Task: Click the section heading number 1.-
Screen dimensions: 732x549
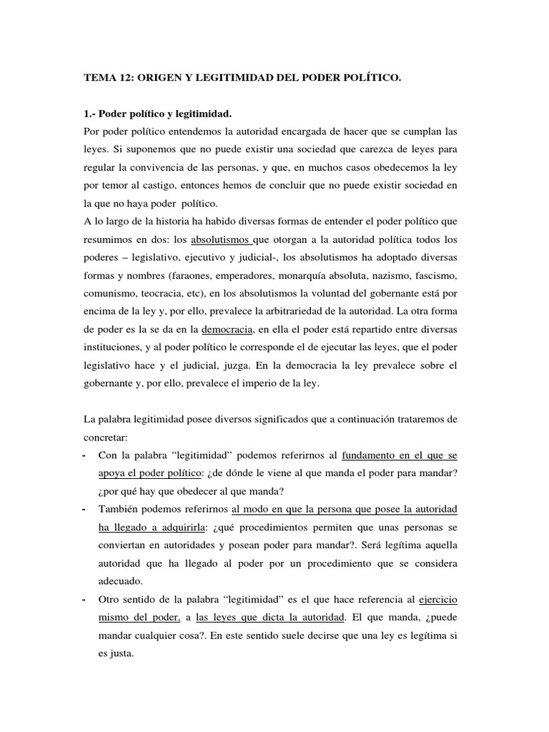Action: (90, 114)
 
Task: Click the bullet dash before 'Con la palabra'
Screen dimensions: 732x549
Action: (85, 455)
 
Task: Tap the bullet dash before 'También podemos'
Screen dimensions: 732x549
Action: (85, 508)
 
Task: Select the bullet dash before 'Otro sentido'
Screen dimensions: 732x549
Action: (85, 598)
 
